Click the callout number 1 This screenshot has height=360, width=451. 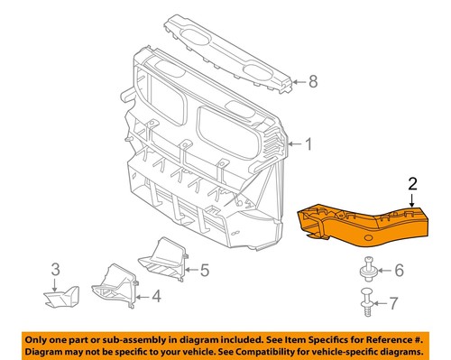click(x=308, y=144)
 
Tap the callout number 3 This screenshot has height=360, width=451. click(x=55, y=268)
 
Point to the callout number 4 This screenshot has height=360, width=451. click(x=157, y=294)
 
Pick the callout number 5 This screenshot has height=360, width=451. click(x=205, y=268)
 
